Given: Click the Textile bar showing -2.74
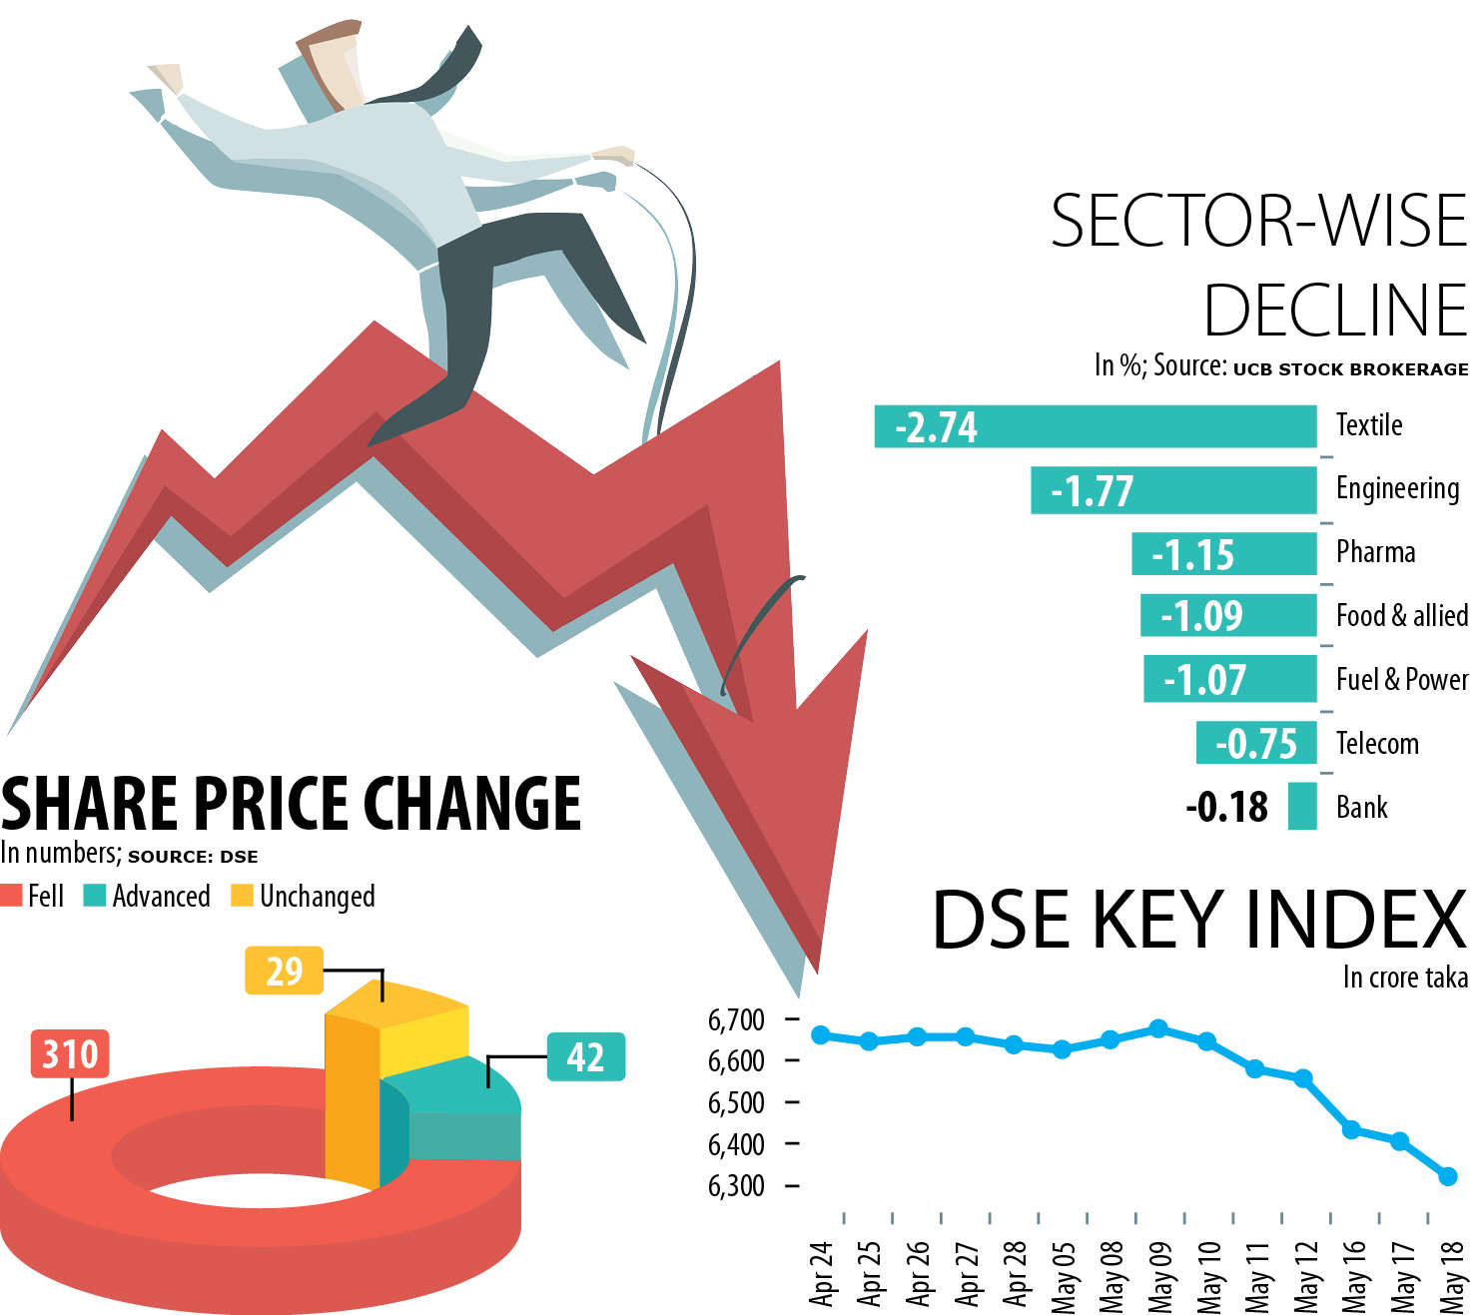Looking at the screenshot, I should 1095,426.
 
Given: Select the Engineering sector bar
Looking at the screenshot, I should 1173,490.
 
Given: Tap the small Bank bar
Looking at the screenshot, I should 1302,806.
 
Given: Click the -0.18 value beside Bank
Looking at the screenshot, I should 1226,807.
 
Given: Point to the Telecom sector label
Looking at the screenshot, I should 1377,744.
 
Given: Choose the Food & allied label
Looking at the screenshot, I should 1401,616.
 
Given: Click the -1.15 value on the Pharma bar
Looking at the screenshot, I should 1193,555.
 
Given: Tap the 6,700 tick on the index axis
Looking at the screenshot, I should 736,1019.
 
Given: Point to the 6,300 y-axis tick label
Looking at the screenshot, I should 736,1185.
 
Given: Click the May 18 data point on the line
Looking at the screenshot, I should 1448,1176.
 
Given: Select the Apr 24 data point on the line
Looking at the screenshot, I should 821,1034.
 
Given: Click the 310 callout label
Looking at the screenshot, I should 70,1053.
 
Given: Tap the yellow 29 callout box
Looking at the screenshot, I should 284,971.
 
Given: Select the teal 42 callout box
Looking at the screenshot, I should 585,1056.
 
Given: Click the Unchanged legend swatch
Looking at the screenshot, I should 242,896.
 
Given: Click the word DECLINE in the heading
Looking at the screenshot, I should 1334,311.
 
